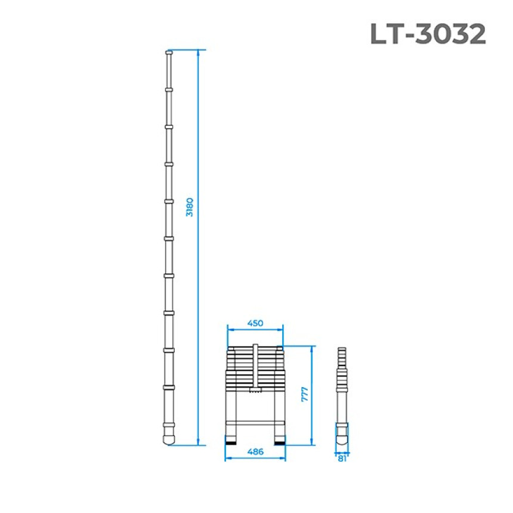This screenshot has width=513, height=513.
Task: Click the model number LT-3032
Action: click(x=428, y=34)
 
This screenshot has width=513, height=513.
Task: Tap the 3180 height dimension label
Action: click(x=190, y=207)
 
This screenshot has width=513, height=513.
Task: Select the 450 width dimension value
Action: click(x=255, y=323)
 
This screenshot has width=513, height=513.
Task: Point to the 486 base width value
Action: click(x=255, y=452)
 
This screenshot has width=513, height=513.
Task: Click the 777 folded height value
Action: click(x=305, y=394)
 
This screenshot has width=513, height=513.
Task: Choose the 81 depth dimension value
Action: click(x=342, y=459)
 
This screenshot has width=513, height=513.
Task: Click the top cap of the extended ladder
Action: click(x=169, y=52)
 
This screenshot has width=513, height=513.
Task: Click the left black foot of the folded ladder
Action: click(x=231, y=443)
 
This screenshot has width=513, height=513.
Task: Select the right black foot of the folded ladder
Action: click(x=279, y=443)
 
